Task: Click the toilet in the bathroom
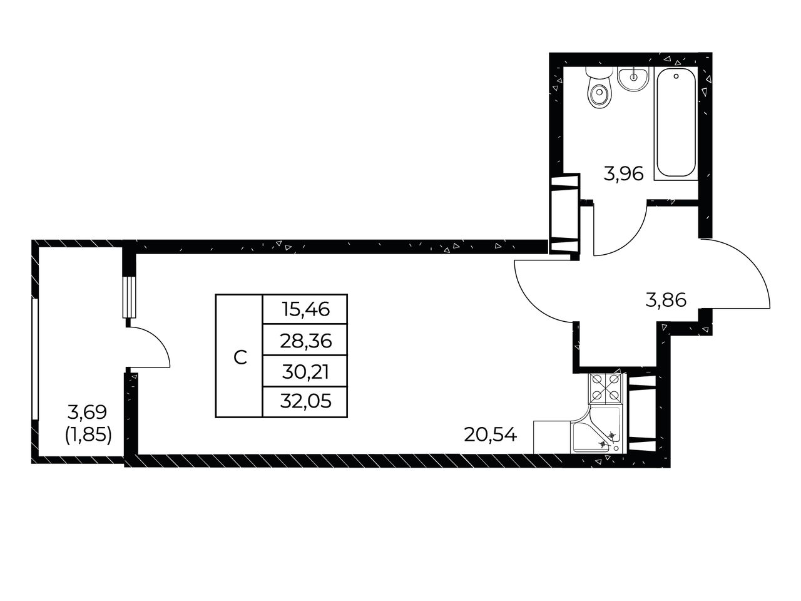coord(599,88)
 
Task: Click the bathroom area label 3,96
coord(623,174)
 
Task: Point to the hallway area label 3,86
coord(666,300)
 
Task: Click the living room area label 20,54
coord(491,434)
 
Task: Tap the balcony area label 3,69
coord(87,413)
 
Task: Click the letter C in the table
coord(240,357)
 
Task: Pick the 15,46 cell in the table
coord(305,309)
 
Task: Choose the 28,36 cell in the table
coord(305,340)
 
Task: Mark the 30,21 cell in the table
coord(305,371)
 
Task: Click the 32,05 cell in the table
coord(305,401)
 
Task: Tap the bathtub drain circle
coord(676,76)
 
